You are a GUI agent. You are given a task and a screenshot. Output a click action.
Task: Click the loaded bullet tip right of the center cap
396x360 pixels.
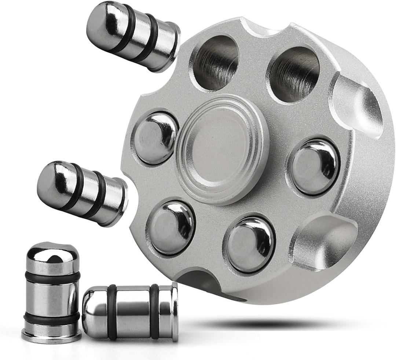[315, 167]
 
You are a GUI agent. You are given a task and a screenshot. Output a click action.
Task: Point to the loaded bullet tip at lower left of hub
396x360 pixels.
[172, 227]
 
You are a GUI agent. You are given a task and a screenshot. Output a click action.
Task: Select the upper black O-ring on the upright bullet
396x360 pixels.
[52, 278]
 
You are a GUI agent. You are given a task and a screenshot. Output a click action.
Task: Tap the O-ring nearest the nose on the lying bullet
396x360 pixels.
[112, 312]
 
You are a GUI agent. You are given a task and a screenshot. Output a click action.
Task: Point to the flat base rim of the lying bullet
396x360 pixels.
[175, 312]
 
